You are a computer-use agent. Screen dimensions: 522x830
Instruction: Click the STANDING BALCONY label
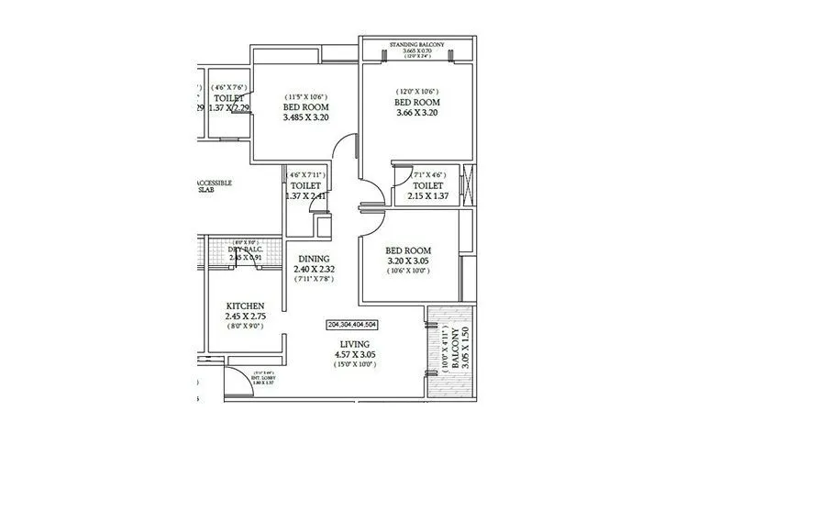(x=417, y=44)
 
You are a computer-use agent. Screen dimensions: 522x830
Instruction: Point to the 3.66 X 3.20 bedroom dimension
(x=417, y=113)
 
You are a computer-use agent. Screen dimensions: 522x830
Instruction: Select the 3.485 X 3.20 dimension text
(x=305, y=118)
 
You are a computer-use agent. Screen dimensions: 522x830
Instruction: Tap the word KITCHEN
(x=245, y=305)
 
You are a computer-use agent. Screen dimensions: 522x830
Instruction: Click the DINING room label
(x=312, y=259)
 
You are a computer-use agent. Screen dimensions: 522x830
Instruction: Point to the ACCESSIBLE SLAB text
(x=216, y=186)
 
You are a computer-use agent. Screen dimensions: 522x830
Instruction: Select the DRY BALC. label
(x=246, y=249)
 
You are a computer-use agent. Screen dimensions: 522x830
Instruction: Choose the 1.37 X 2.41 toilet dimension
(x=306, y=196)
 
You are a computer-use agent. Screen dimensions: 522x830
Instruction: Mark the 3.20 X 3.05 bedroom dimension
(x=408, y=261)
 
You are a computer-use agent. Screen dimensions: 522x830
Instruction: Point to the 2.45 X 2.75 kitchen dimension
(x=245, y=317)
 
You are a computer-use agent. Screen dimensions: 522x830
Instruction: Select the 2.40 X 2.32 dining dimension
(x=312, y=269)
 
